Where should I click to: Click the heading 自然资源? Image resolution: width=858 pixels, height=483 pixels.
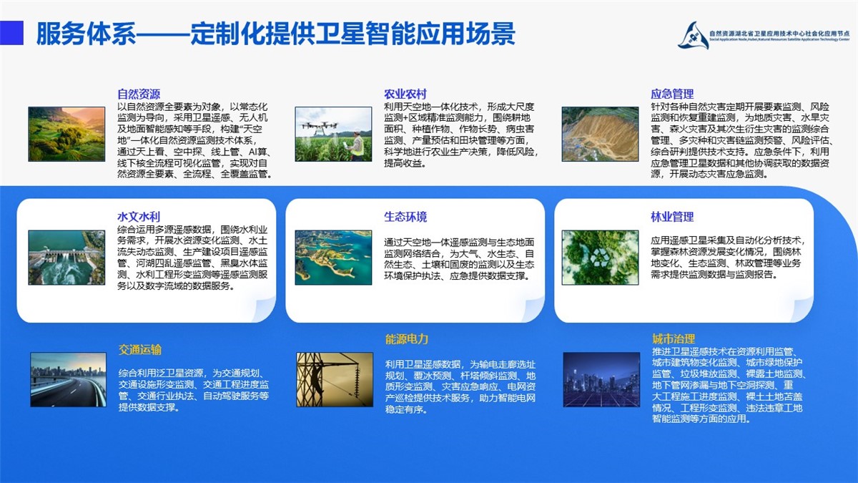[x=139, y=94]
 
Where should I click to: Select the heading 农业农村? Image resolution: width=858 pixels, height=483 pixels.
[x=405, y=94]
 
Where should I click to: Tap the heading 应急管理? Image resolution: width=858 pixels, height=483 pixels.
[x=672, y=94]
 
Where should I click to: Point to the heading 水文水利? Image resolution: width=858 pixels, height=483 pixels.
[x=139, y=217]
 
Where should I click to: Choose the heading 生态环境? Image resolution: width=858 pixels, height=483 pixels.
[x=405, y=217]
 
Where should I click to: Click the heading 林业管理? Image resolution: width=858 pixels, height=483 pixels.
[x=672, y=217]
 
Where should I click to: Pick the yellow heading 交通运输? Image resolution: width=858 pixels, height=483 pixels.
[x=140, y=350]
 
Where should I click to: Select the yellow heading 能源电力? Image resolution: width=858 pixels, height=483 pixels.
[x=407, y=339]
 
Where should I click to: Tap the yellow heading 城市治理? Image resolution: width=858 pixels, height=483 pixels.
[x=674, y=339]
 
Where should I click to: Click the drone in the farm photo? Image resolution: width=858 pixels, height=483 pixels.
[x=320, y=127]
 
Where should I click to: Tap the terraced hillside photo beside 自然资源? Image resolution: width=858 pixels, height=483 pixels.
[x=66, y=134]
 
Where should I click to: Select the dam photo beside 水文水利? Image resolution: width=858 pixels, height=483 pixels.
[x=66, y=257]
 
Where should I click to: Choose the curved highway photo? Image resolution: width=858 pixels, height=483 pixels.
[x=68, y=379]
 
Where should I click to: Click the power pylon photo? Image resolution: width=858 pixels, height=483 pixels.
[x=335, y=379]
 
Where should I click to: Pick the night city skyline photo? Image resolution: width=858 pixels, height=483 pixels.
[x=601, y=379]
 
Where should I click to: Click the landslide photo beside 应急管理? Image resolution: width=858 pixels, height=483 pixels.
[x=600, y=134]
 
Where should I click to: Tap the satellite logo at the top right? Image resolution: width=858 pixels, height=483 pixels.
[x=694, y=36]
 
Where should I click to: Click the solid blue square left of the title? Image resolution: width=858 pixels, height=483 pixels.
[x=11, y=33]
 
